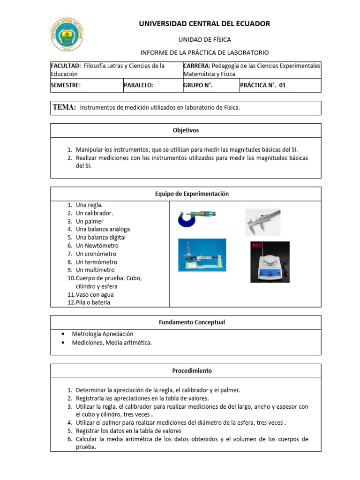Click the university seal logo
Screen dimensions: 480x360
tap(68, 36)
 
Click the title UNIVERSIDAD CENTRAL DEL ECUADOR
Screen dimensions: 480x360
tap(204, 23)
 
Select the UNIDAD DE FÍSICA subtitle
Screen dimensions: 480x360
tap(204, 39)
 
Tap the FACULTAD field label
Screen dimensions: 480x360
tap(66, 66)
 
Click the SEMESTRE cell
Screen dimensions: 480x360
tap(66, 85)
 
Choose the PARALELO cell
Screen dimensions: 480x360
tap(139, 85)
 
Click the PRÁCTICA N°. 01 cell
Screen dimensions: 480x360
tap(262, 85)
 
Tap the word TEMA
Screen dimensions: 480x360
tap(65, 107)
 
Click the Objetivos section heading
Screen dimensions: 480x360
tap(186, 130)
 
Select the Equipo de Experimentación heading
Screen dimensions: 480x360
tap(186, 194)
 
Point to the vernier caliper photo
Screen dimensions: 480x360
tap(262, 222)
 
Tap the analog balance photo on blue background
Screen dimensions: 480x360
tap(202, 255)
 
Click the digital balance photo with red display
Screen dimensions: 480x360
tap(270, 262)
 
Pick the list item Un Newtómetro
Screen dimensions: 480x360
tap(97, 246)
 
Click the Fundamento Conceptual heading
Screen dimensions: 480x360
tap(186, 322)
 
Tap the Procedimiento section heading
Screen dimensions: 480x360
tap(186, 370)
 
